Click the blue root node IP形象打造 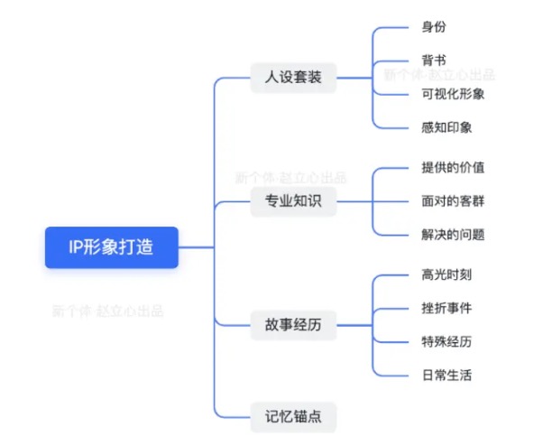coord(112,247)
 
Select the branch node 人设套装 coord(294,78)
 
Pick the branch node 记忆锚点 coord(294,416)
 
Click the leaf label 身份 coord(433,28)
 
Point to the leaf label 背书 coord(433,60)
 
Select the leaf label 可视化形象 coord(453,94)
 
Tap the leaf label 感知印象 coord(446,127)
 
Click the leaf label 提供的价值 coord(453,168)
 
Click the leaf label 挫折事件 coord(446,308)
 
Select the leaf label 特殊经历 coord(446,341)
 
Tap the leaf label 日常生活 coord(446,375)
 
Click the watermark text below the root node coord(107,311)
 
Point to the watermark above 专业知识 coord(290,178)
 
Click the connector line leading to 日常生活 coord(392,375)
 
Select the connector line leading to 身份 coord(392,28)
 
